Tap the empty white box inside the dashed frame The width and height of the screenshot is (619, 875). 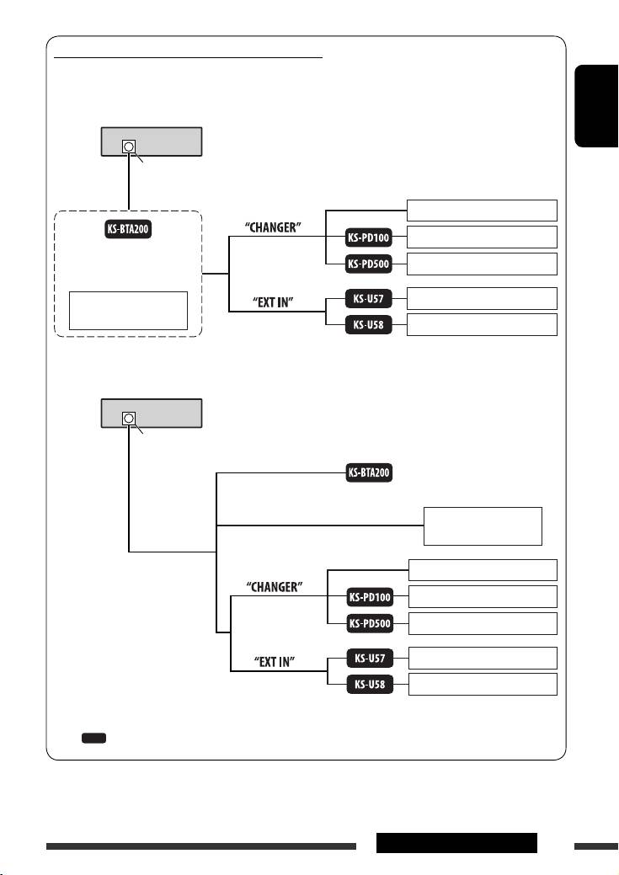pos(127,311)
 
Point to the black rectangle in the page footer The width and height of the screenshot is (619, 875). pos(456,843)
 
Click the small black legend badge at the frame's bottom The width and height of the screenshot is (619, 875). pos(93,738)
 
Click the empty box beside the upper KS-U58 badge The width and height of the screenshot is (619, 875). pos(482,324)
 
